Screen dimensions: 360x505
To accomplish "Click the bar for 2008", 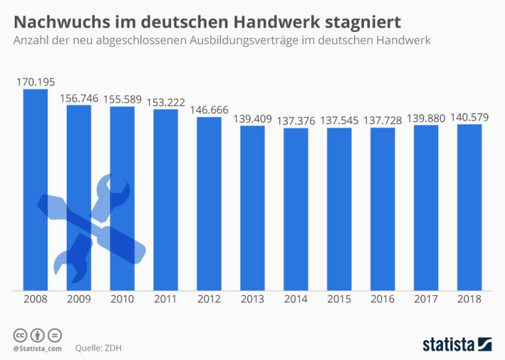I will (x=35, y=190).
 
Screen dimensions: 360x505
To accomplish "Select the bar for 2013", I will (x=252, y=208).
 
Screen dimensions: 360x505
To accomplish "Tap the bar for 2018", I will (x=470, y=207).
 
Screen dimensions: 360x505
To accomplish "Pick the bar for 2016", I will (x=383, y=208).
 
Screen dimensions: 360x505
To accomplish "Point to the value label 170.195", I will (x=35, y=82).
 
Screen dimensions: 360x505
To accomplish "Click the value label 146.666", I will (x=209, y=110).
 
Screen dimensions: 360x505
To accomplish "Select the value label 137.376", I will (x=296, y=121).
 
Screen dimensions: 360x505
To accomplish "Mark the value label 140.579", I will (x=470, y=118).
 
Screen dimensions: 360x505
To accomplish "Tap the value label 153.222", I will (x=166, y=102).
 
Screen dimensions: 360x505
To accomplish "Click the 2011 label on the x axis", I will (x=166, y=299).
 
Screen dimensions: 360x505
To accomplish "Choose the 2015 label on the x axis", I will (x=339, y=299).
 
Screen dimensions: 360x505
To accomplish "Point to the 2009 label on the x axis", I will (x=79, y=299).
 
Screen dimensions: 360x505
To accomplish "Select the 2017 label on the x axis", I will (x=426, y=299).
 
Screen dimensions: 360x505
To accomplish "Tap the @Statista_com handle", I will (x=37, y=348).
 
